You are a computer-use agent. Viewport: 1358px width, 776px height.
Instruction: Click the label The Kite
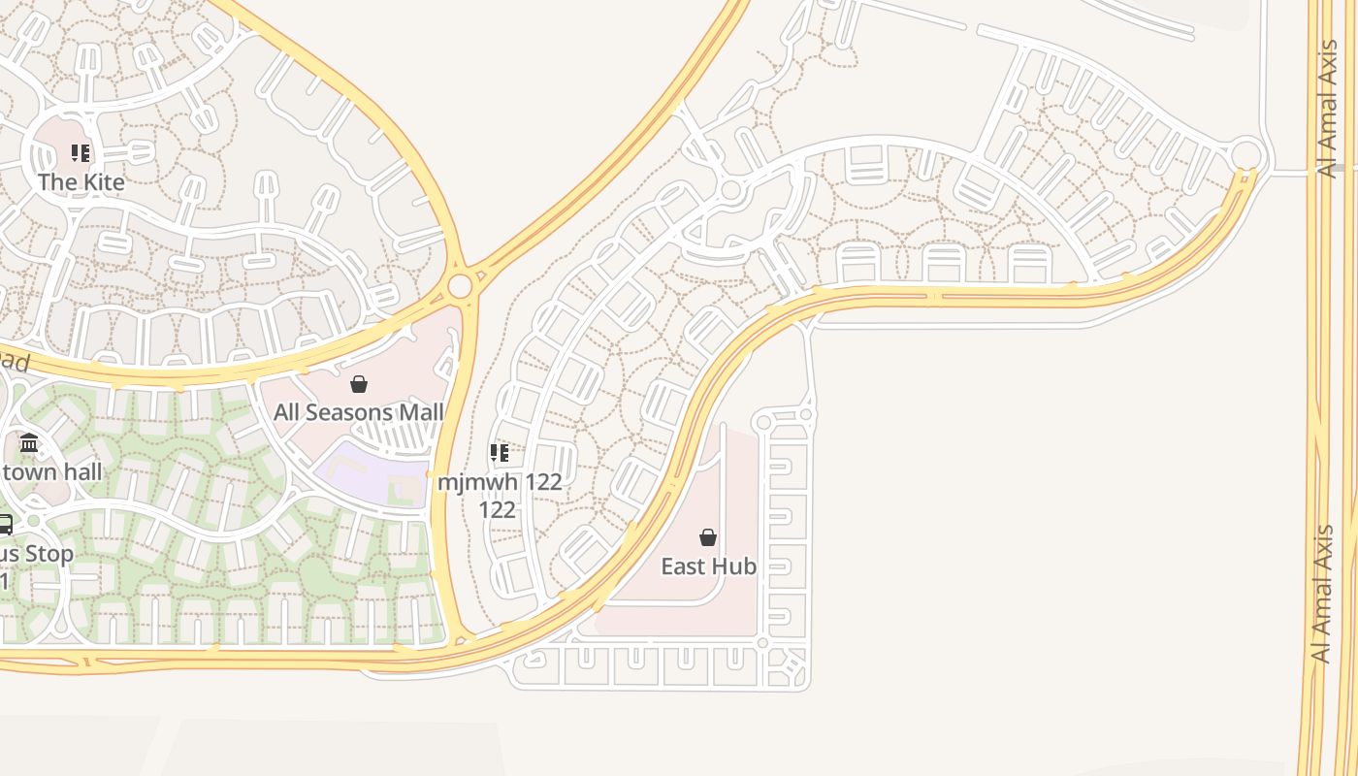81,182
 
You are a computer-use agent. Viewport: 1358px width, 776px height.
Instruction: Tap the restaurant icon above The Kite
81,153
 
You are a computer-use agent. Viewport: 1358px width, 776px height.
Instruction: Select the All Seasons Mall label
358,412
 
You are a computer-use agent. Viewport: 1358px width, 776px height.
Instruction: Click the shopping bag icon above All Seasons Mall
359,384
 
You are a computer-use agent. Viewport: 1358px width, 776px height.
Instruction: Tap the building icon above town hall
29,443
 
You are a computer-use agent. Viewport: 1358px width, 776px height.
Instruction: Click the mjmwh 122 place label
499,481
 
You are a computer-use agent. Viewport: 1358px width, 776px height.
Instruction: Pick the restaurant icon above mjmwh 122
499,453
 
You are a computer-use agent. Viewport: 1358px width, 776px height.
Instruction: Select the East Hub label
708,566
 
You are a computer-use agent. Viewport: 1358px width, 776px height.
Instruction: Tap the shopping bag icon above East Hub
708,537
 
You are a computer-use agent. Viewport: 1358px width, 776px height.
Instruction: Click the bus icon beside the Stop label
4,525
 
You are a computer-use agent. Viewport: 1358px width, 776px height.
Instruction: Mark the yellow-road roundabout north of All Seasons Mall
460,286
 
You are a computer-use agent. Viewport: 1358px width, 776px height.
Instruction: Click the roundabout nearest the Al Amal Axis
1246,154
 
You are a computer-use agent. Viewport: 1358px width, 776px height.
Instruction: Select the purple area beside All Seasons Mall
369,473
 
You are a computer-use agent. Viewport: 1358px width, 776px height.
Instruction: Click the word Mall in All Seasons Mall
422,412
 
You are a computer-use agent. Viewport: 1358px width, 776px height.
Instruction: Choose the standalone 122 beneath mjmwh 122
498,509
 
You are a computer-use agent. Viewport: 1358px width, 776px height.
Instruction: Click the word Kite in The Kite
103,182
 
